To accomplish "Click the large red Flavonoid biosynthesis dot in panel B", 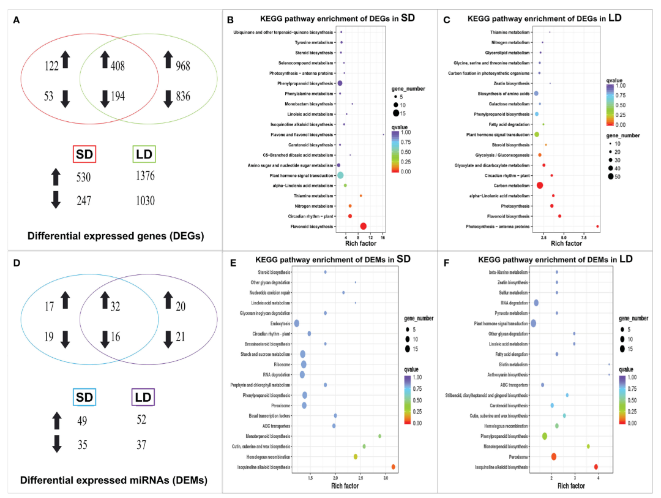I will click(x=364, y=227).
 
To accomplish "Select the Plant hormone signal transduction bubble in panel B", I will click(x=340, y=175).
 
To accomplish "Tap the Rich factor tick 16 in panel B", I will click(x=383, y=235).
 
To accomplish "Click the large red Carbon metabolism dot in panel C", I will click(x=540, y=185).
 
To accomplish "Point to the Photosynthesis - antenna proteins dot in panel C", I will click(x=597, y=227).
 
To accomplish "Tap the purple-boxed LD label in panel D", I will click(x=143, y=397).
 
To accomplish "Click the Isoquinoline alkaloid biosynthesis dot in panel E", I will click(x=393, y=467).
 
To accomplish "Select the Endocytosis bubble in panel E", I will click(x=297, y=323).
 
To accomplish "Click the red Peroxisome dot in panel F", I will click(x=553, y=456).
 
